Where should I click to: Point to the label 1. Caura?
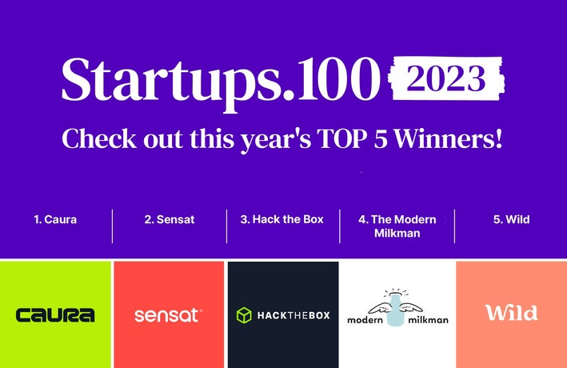coord(55,219)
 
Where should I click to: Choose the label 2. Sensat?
coord(170,219)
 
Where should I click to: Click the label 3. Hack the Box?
coord(282,219)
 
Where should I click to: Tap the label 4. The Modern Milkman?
coord(397,226)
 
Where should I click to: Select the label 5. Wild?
coord(512,219)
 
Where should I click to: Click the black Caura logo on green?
coord(55,315)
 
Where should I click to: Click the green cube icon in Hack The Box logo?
coord(244,315)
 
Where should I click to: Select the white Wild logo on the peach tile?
coord(511,313)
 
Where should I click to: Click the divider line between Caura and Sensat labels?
coord(112,226)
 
